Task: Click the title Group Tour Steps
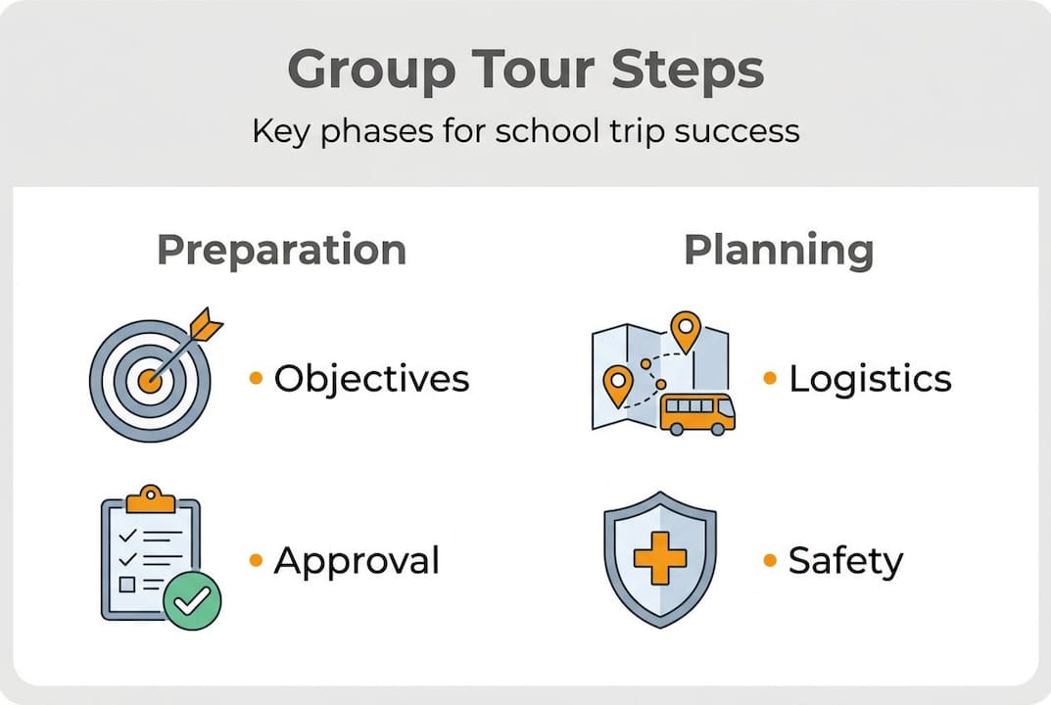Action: tap(525, 71)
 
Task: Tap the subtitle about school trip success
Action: tap(525, 130)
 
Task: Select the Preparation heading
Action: tap(281, 250)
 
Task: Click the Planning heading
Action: tap(779, 250)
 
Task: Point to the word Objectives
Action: tap(371, 379)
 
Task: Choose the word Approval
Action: tap(357, 561)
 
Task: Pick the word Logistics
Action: tap(870, 379)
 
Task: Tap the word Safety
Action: tap(845, 561)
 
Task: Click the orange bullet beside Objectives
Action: tap(257, 378)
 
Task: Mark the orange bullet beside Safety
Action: tap(770, 561)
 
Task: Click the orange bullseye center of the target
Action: tap(149, 380)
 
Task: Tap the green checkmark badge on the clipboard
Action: tap(192, 600)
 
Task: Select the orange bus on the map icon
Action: tap(696, 412)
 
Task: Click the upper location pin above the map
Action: tap(686, 329)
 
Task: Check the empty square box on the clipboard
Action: tap(126, 585)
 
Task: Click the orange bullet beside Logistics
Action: tap(770, 378)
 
